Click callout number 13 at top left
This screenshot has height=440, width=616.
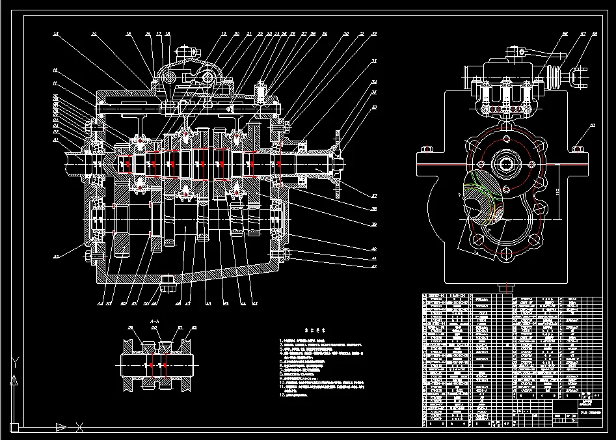(x=56, y=33)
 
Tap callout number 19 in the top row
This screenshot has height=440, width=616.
(x=223, y=33)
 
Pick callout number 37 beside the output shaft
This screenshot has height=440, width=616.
(x=375, y=195)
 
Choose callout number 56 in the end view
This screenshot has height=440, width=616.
(x=565, y=33)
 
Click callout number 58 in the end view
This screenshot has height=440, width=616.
(x=595, y=33)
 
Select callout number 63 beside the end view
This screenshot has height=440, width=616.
(x=593, y=124)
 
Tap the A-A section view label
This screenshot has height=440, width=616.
(x=155, y=322)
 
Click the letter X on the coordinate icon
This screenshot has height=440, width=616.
(x=80, y=427)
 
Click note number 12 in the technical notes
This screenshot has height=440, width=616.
(x=282, y=395)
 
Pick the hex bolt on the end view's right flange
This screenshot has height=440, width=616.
(x=578, y=150)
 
